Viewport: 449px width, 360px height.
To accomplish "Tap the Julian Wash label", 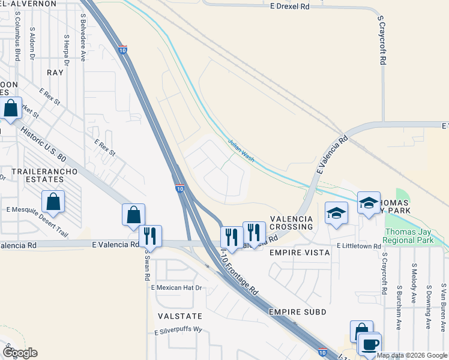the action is [242, 148].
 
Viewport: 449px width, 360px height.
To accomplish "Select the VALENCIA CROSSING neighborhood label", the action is [291, 223].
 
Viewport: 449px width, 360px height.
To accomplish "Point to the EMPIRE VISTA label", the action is [300, 253].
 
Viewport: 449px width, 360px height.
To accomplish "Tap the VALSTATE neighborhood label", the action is [179, 316].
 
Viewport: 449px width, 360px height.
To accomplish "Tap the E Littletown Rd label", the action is [359, 246].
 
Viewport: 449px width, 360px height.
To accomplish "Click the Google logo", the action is [20, 353].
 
